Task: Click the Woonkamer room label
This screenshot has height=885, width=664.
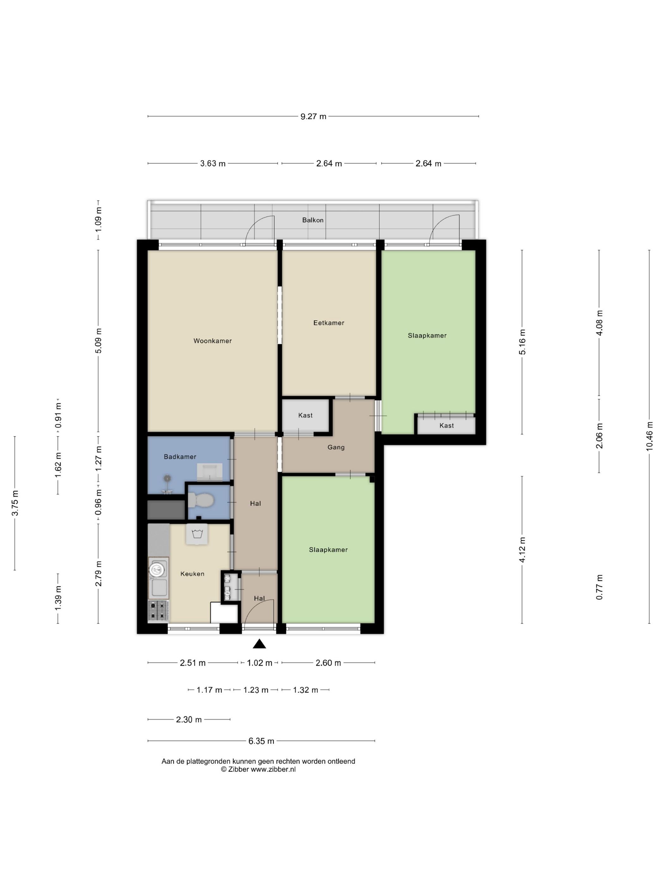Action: point(212,341)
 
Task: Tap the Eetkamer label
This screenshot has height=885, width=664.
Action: point(329,323)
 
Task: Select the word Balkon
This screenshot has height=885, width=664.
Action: point(313,220)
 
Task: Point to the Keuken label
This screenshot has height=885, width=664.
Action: point(193,574)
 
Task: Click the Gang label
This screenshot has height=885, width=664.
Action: point(336,447)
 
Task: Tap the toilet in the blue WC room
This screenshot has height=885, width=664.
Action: point(201,500)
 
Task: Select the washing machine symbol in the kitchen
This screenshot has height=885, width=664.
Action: point(197,534)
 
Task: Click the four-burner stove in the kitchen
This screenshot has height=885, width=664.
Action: point(158,611)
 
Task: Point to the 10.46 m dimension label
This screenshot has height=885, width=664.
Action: point(649,436)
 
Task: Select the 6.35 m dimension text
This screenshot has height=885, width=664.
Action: point(261,741)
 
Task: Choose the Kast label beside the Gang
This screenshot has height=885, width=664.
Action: point(305,415)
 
